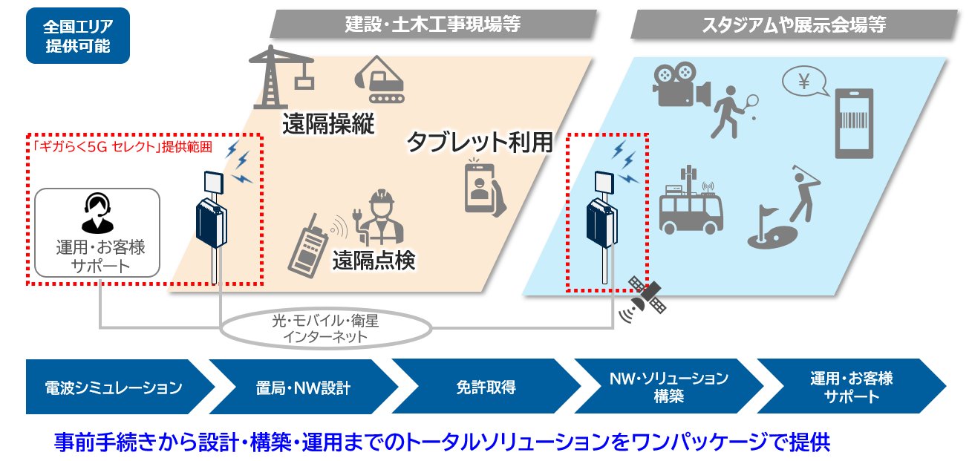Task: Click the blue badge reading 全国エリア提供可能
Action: click(x=77, y=36)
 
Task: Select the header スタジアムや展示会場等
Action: click(x=793, y=24)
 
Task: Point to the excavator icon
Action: click(x=381, y=79)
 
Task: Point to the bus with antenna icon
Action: click(x=691, y=204)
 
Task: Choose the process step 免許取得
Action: click(x=485, y=387)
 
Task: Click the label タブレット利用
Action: click(x=480, y=141)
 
